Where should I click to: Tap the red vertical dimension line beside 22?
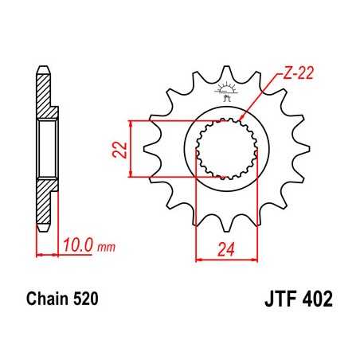[131, 148]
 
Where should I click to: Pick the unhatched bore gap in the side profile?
[47, 148]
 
